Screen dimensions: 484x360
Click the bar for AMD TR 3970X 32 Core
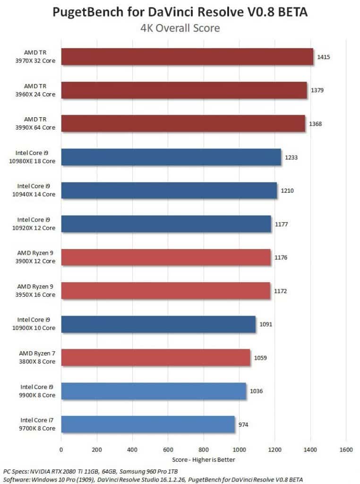[x=187, y=57]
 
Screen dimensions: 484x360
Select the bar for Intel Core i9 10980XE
[x=171, y=157]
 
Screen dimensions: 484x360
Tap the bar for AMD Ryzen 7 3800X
[x=155, y=357]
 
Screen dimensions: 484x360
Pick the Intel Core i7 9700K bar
[x=148, y=424]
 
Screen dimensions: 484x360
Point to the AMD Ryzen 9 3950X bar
[x=165, y=291]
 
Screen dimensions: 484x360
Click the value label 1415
[x=324, y=57]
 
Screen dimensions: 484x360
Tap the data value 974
[x=244, y=424]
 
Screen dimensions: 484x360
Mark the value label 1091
[x=266, y=324]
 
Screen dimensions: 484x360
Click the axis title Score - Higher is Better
[x=203, y=459]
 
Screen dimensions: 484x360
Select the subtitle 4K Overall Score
[x=180, y=28]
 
